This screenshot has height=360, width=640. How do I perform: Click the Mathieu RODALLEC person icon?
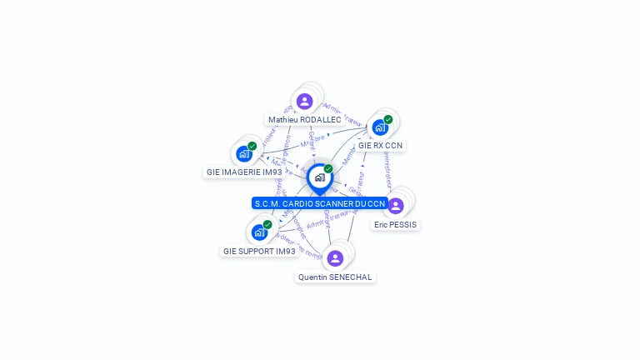(304, 101)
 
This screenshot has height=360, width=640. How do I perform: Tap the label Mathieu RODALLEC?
(304, 120)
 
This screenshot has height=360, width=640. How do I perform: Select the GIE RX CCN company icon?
(380, 127)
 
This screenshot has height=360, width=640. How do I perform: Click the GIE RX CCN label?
(380, 146)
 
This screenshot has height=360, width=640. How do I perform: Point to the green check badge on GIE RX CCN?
(388, 119)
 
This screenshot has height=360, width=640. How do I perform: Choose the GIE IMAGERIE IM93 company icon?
(243, 153)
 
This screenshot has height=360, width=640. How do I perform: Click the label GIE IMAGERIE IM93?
(243, 172)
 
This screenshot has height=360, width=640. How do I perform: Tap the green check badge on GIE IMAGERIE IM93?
(252, 146)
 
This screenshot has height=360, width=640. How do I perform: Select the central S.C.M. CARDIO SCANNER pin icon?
(319, 177)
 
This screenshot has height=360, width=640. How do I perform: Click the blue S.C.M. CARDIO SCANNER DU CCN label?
(319, 203)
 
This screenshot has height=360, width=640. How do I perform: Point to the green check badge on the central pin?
(328, 168)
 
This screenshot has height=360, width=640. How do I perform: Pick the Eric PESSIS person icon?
(396, 205)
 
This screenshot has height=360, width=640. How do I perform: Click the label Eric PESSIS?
(395, 225)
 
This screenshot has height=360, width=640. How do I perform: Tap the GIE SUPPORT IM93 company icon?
(259, 232)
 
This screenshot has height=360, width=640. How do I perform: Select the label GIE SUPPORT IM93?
(259, 251)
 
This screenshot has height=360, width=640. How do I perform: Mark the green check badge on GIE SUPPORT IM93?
(267, 224)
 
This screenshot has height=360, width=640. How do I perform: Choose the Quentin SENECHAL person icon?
(335, 257)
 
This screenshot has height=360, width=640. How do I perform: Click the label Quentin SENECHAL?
(335, 277)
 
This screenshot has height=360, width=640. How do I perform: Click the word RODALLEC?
(320, 120)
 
